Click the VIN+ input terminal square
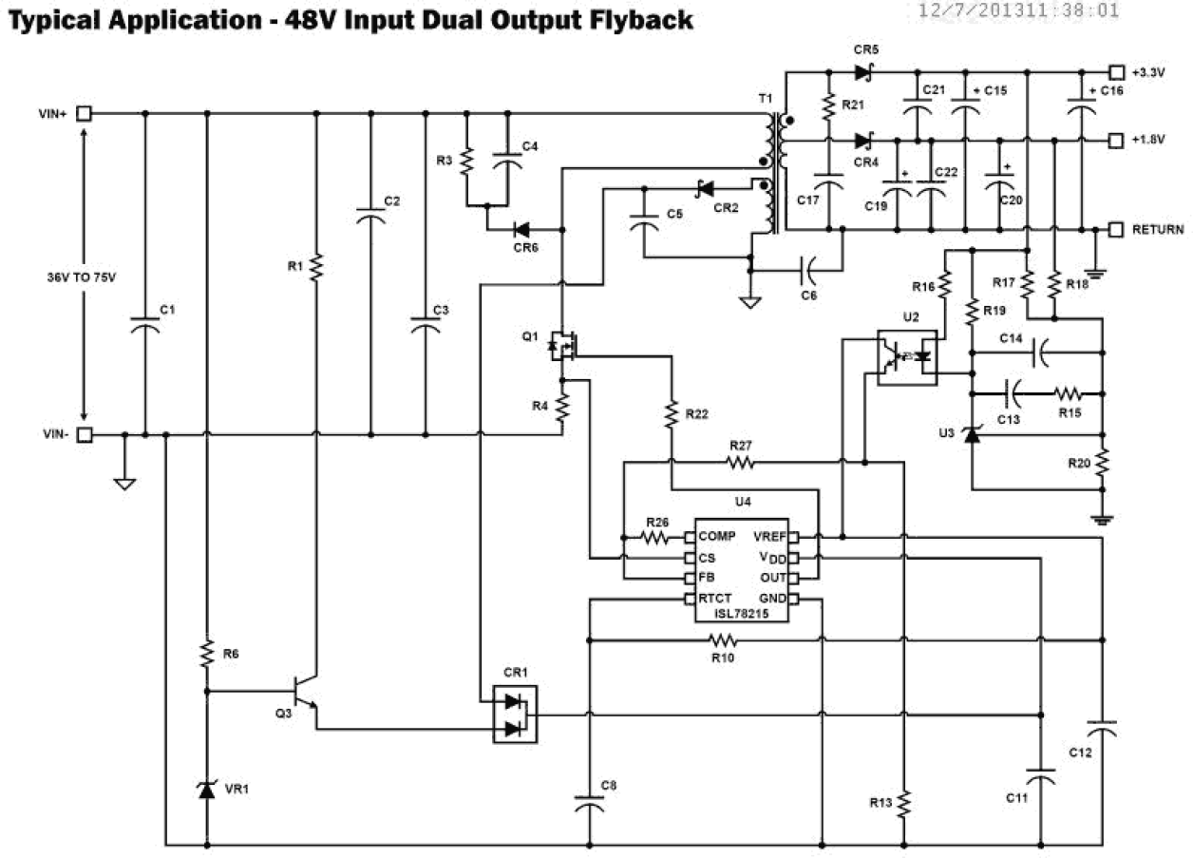click(x=84, y=113)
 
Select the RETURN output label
click(x=1157, y=229)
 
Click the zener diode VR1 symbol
click(x=206, y=789)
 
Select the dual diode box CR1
click(x=514, y=715)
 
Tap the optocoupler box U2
click(x=906, y=357)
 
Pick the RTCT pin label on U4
click(x=716, y=600)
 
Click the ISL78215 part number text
click(x=741, y=615)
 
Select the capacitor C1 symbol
click(x=144, y=326)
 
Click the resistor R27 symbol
click(x=741, y=463)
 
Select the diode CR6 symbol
click(x=522, y=229)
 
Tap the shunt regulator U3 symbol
click(x=971, y=436)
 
